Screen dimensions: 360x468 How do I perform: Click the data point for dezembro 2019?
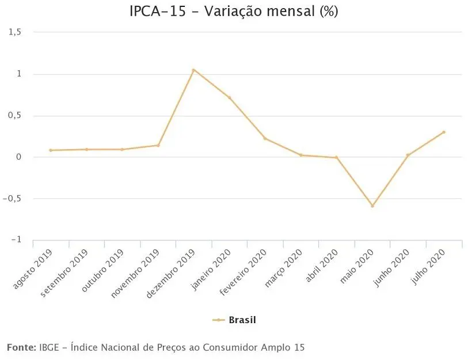point(193,70)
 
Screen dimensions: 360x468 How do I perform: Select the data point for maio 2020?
point(372,206)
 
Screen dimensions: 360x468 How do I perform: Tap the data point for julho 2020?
point(444,132)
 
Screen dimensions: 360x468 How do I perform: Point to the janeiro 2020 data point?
point(229,97)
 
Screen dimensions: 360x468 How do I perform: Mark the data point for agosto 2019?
point(51,150)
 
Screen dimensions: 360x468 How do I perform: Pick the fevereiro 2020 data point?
point(265,138)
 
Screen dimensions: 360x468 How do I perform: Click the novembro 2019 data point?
point(158,145)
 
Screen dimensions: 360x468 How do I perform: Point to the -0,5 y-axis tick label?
point(13,198)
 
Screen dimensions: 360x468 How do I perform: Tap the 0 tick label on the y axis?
point(18,157)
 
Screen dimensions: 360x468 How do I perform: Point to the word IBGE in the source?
point(49,347)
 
